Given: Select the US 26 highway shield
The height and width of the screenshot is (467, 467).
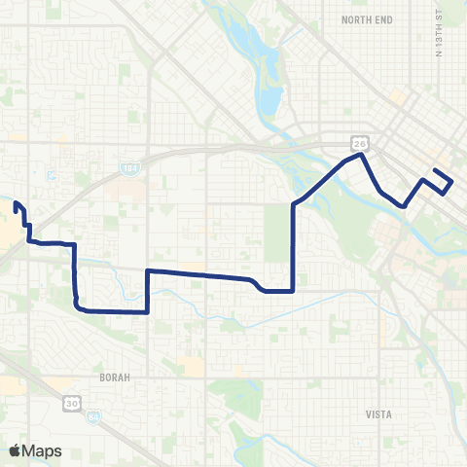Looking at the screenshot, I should [360, 142].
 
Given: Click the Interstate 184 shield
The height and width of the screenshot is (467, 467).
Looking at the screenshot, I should [130, 168].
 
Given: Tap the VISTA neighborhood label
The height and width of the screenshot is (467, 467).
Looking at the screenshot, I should [377, 413].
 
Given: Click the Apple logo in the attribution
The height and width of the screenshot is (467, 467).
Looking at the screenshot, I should [16, 450].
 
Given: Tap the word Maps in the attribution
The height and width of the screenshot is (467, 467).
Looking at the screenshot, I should [42, 450].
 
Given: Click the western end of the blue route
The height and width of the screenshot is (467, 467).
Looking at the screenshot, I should [16, 203].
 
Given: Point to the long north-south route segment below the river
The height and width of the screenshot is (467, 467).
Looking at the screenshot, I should [294, 243].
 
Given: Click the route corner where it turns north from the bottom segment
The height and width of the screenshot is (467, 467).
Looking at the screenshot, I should [147, 311].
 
